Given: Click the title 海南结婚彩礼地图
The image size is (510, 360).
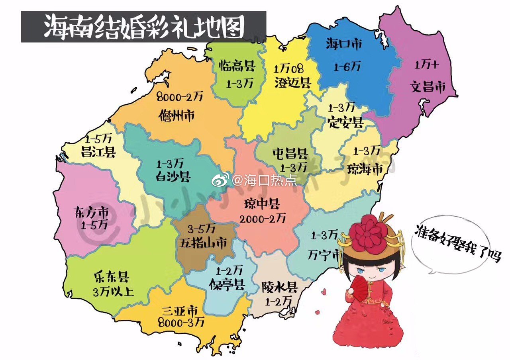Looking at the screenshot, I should [x=143, y=27].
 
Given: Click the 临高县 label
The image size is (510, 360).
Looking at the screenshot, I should [x=237, y=65].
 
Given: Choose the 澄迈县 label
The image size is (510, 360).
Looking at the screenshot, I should [x=292, y=83].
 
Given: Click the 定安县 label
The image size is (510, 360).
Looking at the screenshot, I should [x=345, y=122].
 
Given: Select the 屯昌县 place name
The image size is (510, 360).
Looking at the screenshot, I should [x=290, y=153].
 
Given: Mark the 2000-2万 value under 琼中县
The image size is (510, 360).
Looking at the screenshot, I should [x=263, y=218].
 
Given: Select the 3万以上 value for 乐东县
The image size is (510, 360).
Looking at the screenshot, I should [x=114, y=292].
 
